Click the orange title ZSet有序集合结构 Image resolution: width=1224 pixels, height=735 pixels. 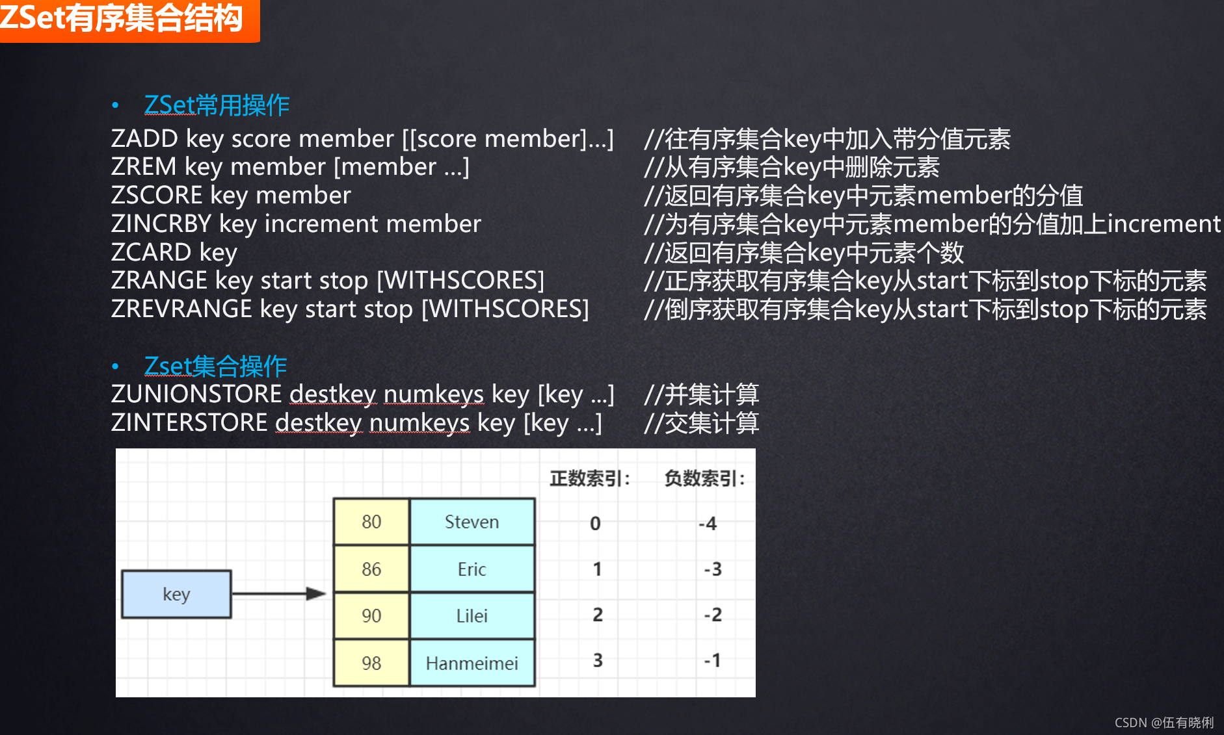pyautogui.click(x=122, y=18)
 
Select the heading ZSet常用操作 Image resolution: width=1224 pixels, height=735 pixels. pyautogui.click(x=217, y=105)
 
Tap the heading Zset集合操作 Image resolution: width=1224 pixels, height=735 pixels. pyautogui.click(x=215, y=367)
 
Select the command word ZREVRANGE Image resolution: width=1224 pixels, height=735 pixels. pyautogui.click(x=181, y=309)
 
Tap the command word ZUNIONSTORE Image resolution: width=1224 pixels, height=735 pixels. pyautogui.click(x=196, y=394)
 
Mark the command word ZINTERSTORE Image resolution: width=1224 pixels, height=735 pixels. pyautogui.click(x=189, y=423)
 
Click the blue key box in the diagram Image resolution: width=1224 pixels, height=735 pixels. pyautogui.click(x=176, y=594)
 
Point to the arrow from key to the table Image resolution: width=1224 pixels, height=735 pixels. pyautogui.click(x=278, y=593)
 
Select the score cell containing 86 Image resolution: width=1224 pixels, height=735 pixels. pyautogui.click(x=371, y=569)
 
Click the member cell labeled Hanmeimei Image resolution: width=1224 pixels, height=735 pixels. pyautogui.click(x=472, y=664)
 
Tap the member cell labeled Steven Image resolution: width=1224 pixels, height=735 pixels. pyautogui.click(x=472, y=522)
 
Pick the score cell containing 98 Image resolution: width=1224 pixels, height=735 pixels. pyautogui.click(x=371, y=664)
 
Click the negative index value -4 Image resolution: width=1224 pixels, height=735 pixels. pyautogui.click(x=708, y=524)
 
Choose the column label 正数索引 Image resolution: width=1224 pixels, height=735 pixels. pyautogui.click(x=589, y=479)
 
